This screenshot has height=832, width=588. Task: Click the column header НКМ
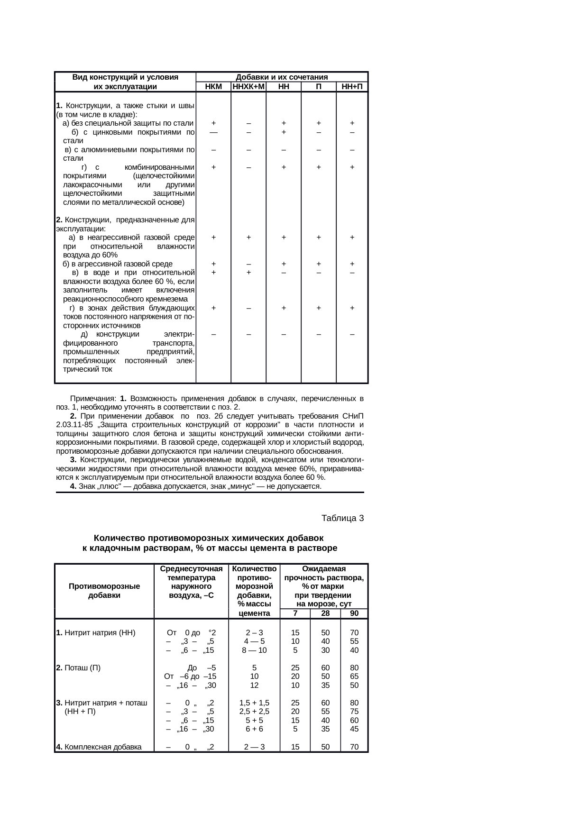pos(213,87)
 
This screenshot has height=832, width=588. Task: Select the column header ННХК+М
pos(248,87)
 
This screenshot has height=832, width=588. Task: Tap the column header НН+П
pos(352,87)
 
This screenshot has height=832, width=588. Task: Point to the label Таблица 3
pos(342,518)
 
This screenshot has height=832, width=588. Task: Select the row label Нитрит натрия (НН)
pos(95,632)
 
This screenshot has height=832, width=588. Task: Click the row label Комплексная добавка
pos(99,747)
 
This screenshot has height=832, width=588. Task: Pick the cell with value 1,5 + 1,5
pos(254,703)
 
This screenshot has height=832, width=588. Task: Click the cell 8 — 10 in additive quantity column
pos(254,650)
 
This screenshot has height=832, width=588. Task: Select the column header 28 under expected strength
pos(325,613)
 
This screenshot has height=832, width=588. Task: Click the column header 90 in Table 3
pos(354,613)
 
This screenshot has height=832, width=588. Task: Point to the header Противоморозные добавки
pos(104,591)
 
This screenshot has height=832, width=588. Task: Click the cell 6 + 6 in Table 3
pos(254,729)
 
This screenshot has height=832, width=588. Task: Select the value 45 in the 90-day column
pos(354,729)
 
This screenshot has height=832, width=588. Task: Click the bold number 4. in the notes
pos(73,486)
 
